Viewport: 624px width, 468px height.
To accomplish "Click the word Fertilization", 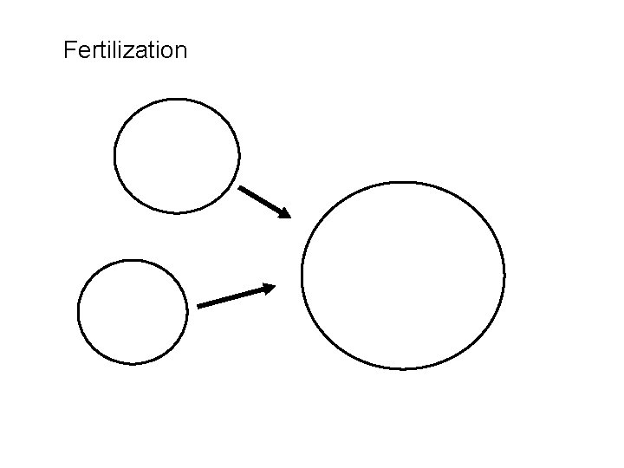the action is (x=125, y=50).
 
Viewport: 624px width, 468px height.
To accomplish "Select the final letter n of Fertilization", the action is (x=179, y=52).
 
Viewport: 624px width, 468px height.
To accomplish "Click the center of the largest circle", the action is (x=403, y=276).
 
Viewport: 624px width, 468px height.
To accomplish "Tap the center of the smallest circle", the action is (x=132, y=312).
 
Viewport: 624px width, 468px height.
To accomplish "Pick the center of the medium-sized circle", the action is (x=177, y=156).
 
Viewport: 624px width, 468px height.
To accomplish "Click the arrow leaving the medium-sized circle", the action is (x=264, y=201).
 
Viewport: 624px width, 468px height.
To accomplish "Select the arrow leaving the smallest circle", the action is (x=236, y=296).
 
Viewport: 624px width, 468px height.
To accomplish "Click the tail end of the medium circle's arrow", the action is (x=240, y=187).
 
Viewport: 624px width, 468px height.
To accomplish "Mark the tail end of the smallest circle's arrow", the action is (x=198, y=306).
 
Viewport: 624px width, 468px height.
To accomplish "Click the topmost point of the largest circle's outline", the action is (x=403, y=182).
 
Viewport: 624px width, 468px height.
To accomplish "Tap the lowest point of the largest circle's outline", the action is (x=403, y=369).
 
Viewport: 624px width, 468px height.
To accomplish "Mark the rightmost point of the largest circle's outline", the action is (x=504, y=276).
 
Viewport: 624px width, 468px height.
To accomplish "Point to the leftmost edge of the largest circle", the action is (x=302, y=276).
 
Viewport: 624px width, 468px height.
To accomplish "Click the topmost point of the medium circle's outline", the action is (x=177, y=99).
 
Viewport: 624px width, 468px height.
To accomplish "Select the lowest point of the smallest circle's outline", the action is (x=132, y=364).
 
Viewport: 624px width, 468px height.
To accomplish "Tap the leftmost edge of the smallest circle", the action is (x=78, y=312).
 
